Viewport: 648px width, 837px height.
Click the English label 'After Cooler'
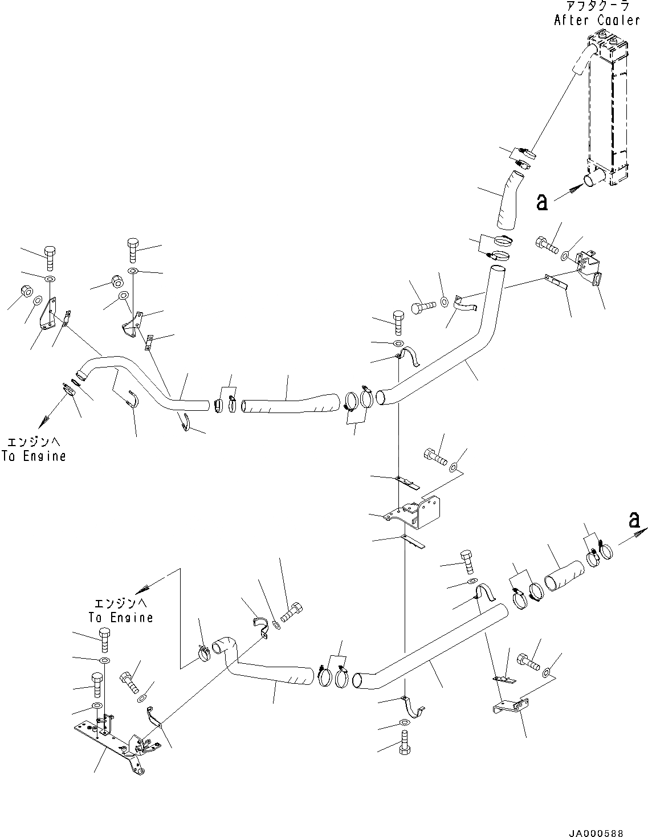597,21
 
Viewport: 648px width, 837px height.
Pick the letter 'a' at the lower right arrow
634,519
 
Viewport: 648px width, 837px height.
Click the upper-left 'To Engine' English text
34,456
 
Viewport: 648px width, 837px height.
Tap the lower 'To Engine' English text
121,617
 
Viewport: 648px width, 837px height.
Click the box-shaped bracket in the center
422,511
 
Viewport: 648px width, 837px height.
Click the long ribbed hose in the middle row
291,402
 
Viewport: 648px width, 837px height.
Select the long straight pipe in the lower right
433,644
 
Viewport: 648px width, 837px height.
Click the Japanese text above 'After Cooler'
597,7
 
